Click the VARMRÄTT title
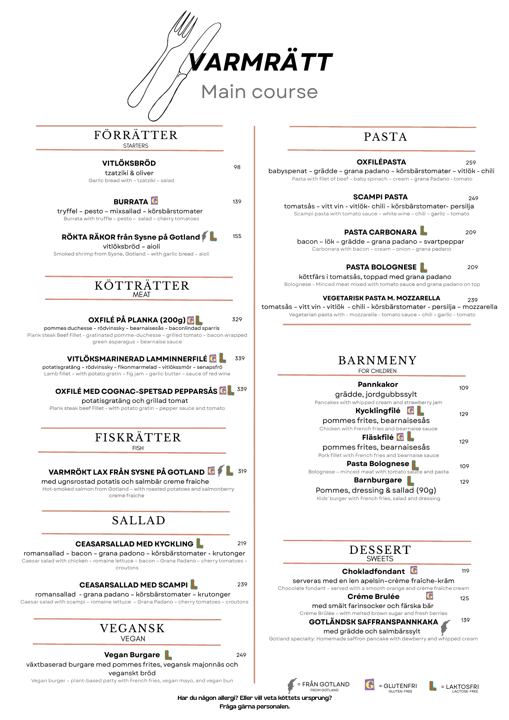point(260,62)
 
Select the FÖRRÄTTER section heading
point(136,135)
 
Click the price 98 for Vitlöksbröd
point(237,167)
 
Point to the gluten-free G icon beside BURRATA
point(155,201)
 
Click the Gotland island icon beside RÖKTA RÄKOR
point(205,236)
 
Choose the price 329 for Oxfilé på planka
point(237,319)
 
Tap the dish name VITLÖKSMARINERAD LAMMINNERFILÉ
point(137,359)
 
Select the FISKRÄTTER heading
point(138,437)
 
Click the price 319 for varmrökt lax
point(242,471)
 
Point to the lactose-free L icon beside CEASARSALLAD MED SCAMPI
point(194,584)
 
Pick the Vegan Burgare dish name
point(132,655)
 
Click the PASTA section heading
point(386,137)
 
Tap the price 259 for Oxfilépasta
point(471,162)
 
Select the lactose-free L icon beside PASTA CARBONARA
point(424,231)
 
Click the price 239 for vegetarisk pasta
point(472,300)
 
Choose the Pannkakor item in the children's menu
point(378,384)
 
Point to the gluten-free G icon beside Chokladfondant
point(414,570)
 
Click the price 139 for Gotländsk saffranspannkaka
point(466,620)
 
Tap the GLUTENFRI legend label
point(400,686)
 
